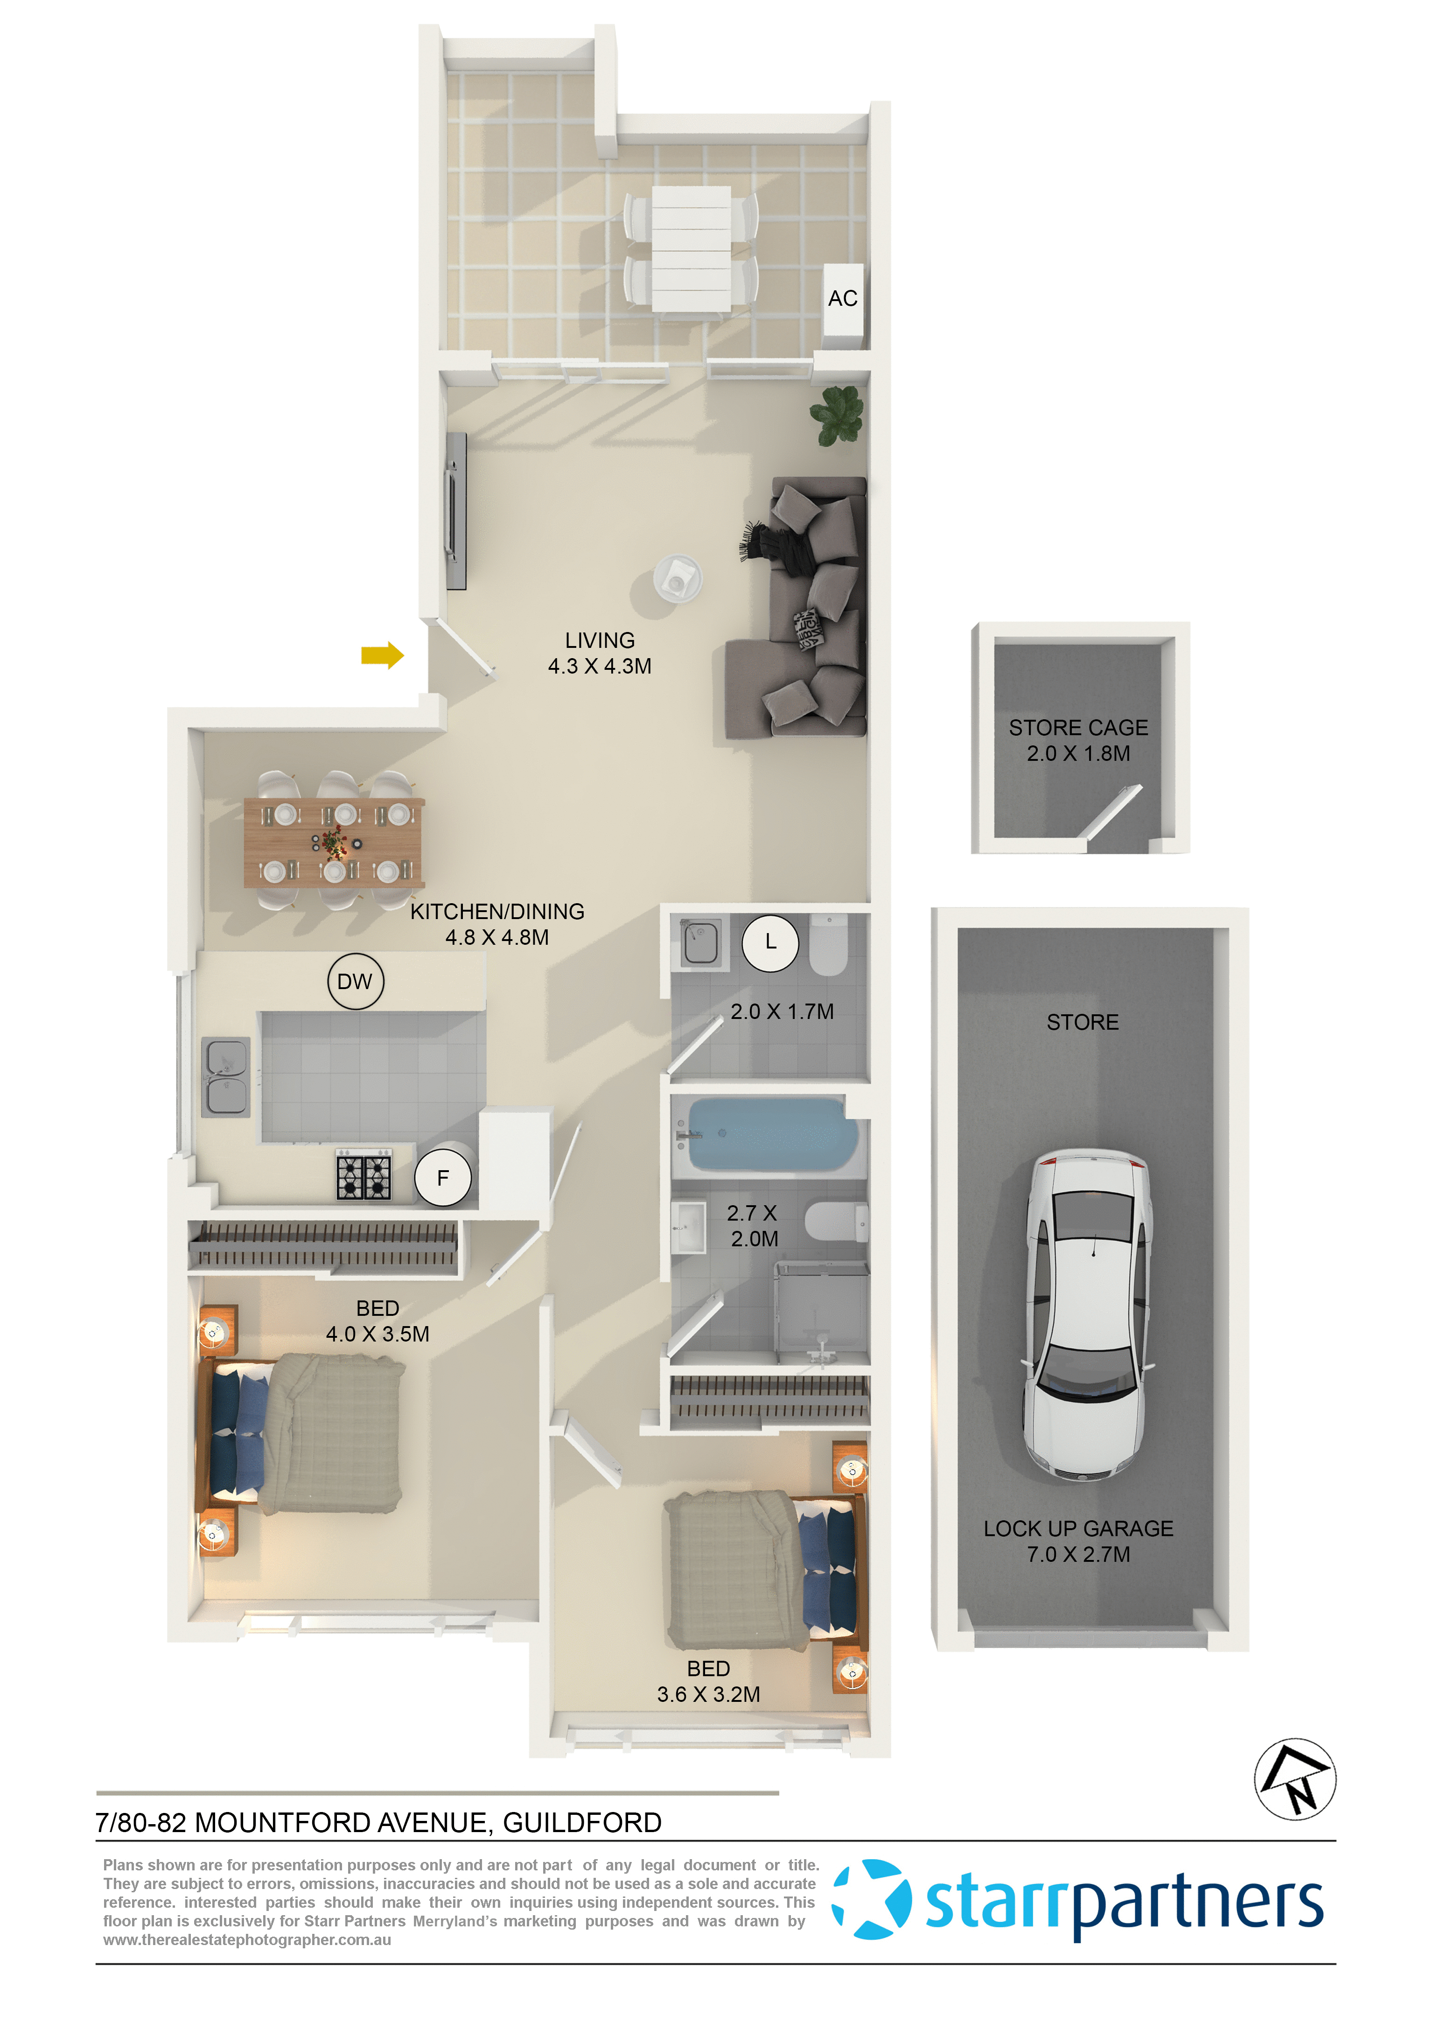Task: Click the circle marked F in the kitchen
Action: point(443,1177)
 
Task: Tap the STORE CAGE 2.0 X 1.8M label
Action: point(1078,740)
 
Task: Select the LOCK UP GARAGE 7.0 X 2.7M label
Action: point(1078,1541)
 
